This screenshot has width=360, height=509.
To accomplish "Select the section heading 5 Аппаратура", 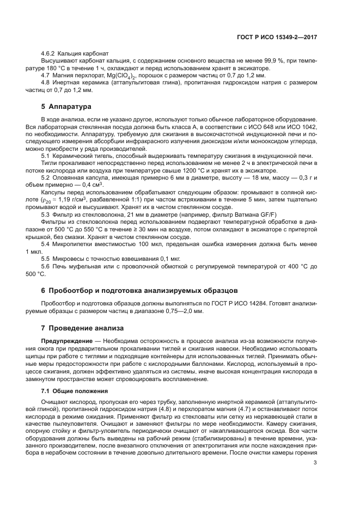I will click(x=66, y=106).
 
